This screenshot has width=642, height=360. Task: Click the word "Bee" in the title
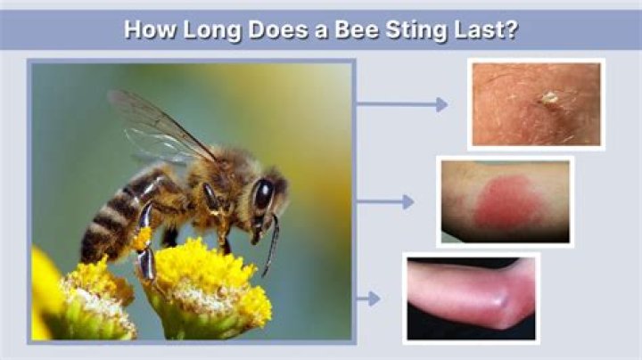coord(357,29)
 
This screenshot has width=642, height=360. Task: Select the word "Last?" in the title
coord(487,29)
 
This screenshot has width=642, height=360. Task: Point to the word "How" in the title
coord(150,29)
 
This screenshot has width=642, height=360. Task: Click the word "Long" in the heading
coord(211,30)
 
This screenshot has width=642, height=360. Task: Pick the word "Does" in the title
coord(277,29)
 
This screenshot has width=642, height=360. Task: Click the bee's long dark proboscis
coord(272,245)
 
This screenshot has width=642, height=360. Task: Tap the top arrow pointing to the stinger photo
coord(401,104)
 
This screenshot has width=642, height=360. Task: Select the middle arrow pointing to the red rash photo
coord(385,201)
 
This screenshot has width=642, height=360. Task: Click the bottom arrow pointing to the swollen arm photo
coord(368,299)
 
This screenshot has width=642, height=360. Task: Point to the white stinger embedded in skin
coord(549,97)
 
